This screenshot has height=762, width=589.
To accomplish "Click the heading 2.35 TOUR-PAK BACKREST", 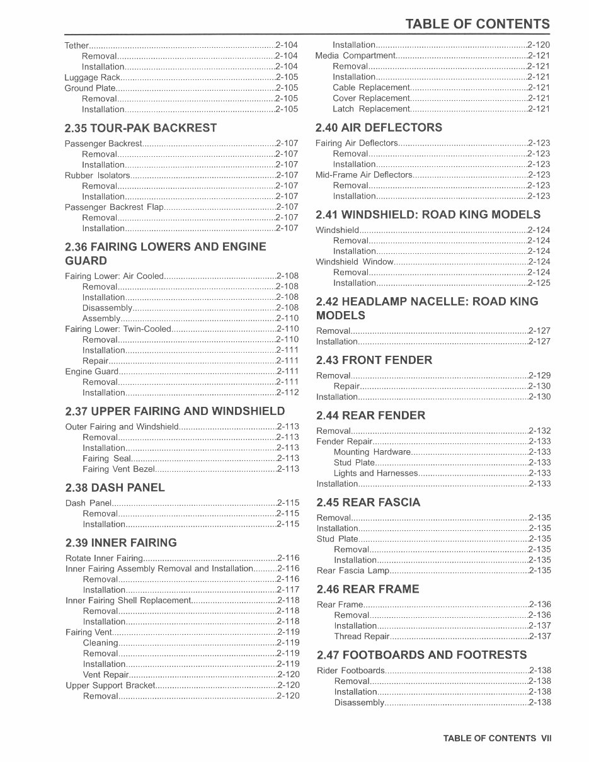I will pyautogui.click(x=140, y=128).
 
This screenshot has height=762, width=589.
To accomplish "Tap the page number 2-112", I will pyautogui.click(x=288, y=393).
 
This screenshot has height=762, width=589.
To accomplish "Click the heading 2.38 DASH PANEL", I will pyautogui.click(x=115, y=487).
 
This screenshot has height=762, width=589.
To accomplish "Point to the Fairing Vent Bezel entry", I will pyautogui.click(x=118, y=469).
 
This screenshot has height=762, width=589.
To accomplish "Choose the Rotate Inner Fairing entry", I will pyautogui.click(x=104, y=559).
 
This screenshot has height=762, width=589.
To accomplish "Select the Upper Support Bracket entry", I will pyautogui.click(x=110, y=685).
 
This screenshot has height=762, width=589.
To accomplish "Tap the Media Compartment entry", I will pyautogui.click(x=355, y=55).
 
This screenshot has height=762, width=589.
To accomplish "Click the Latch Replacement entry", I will pyautogui.click(x=371, y=109).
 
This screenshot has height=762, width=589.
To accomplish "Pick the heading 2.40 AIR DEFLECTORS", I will pyautogui.click(x=379, y=127).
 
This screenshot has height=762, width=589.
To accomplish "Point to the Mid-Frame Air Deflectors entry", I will pyautogui.click(x=363, y=175).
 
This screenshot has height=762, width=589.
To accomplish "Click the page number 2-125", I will pyautogui.click(x=539, y=283).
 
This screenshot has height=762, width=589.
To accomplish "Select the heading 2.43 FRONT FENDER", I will pyautogui.click(x=374, y=360).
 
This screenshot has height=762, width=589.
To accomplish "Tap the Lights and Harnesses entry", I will pyautogui.click(x=375, y=474).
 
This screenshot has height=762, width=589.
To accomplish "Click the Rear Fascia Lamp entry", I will pyautogui.click(x=353, y=571).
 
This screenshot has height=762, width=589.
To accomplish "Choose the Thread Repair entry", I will pyautogui.click(x=362, y=637).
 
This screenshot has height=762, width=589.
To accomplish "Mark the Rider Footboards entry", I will pyautogui.click(x=350, y=671).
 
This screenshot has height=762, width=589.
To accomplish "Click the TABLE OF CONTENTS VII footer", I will pyautogui.click(x=496, y=738).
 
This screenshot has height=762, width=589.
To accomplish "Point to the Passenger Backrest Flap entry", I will pyautogui.click(x=114, y=207).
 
